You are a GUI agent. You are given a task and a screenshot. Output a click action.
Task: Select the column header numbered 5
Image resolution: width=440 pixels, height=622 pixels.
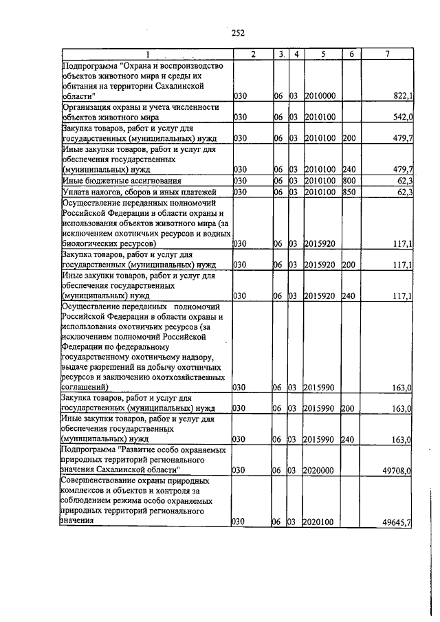tap(321, 54)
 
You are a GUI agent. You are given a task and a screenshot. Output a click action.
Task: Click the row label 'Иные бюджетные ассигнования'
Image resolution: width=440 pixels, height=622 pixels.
tap(105, 181)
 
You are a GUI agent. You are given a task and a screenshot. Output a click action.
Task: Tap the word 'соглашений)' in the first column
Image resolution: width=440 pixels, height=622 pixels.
tap(83, 388)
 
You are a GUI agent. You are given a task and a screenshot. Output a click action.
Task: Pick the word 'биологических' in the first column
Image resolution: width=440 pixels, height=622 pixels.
tap(87, 243)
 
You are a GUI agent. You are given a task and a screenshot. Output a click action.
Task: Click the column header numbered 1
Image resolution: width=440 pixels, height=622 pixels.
tap(146, 54)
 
